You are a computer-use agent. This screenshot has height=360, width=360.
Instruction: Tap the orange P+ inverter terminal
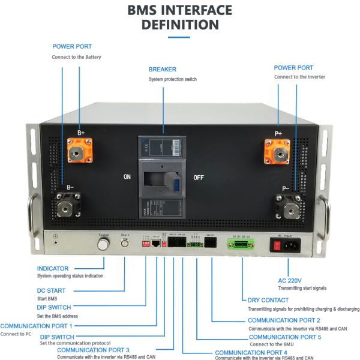coord(278,151)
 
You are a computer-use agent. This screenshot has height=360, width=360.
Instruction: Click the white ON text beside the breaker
coord(127,178)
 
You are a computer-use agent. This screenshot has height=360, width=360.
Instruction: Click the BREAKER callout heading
coord(163,70)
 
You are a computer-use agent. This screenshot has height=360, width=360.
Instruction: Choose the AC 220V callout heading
coord(290,280)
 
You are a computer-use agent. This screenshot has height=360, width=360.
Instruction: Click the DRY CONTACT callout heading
coord(268,300)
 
